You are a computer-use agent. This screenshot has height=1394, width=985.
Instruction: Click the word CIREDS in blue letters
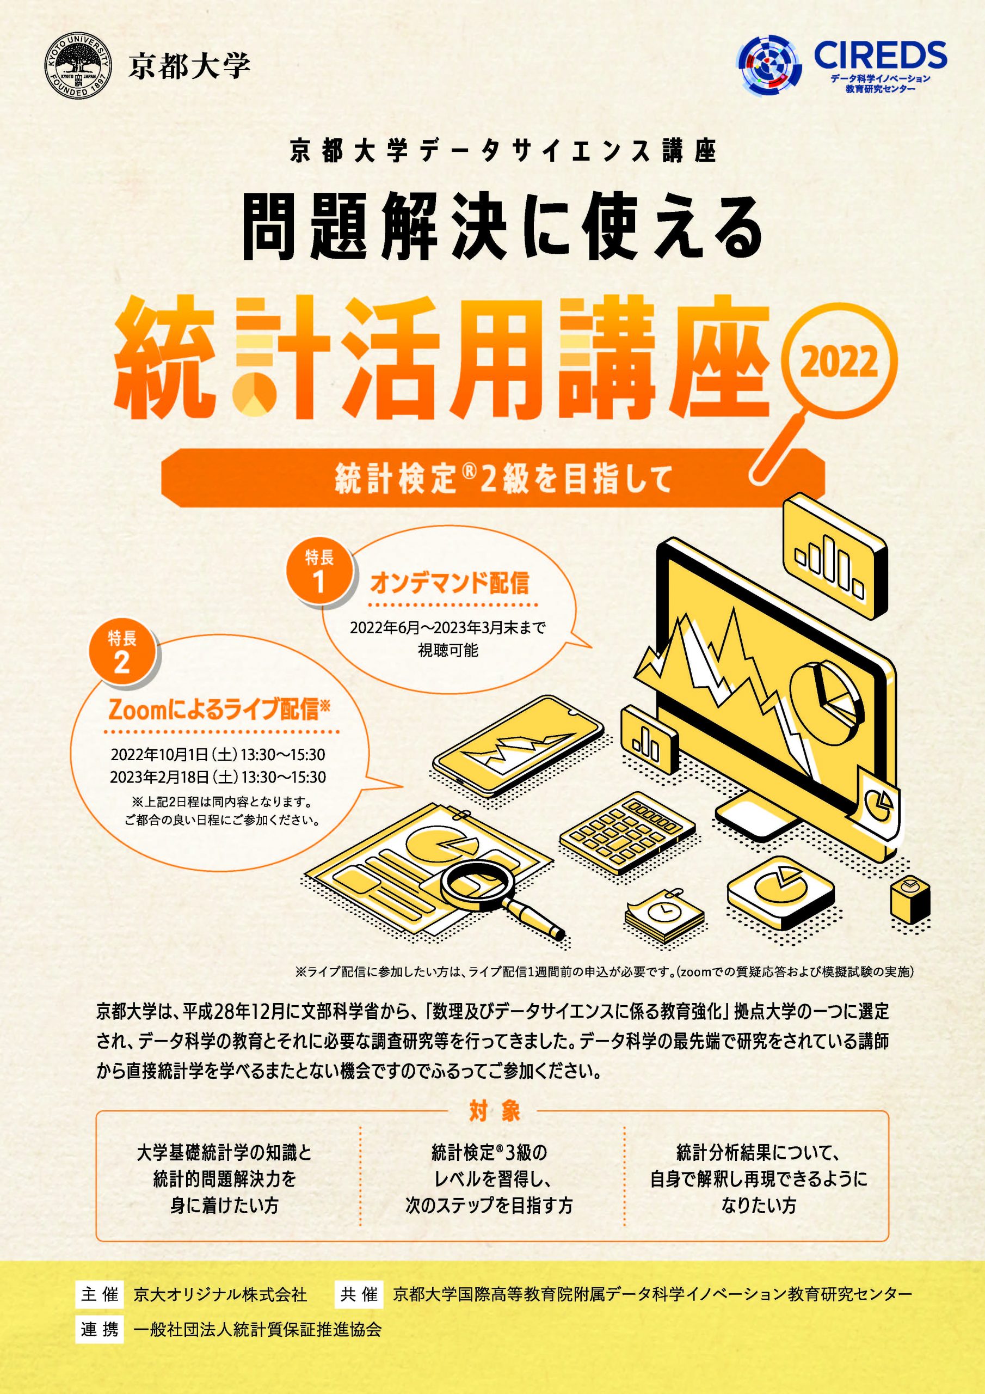coord(880,54)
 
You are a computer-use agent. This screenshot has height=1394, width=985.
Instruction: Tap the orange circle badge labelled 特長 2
coord(122,653)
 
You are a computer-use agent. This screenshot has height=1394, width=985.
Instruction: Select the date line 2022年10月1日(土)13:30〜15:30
coord(218,755)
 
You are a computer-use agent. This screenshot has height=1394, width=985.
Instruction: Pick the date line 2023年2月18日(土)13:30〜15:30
coord(218,777)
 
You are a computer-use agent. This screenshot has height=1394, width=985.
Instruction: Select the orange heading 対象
coord(494,1111)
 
